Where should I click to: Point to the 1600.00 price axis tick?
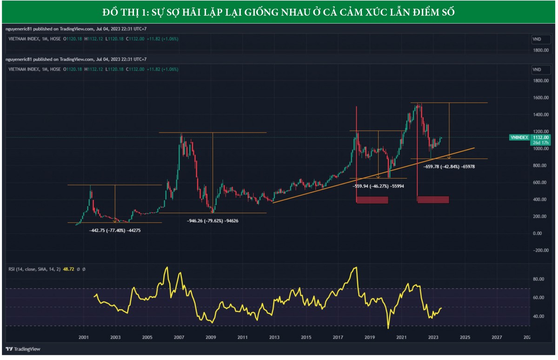coord(541,98)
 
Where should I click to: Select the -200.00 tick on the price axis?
coord(541,250)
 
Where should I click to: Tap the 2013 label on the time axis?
coord(274,337)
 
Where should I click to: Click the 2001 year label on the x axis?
coord(84,337)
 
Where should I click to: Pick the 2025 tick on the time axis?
coord(465,337)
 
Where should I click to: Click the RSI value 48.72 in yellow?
coord(72,269)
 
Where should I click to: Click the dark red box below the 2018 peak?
coord(372,200)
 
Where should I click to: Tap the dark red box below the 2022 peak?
coord(433,200)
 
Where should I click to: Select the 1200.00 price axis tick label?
coord(541,132)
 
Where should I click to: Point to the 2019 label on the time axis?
coord(369,337)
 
